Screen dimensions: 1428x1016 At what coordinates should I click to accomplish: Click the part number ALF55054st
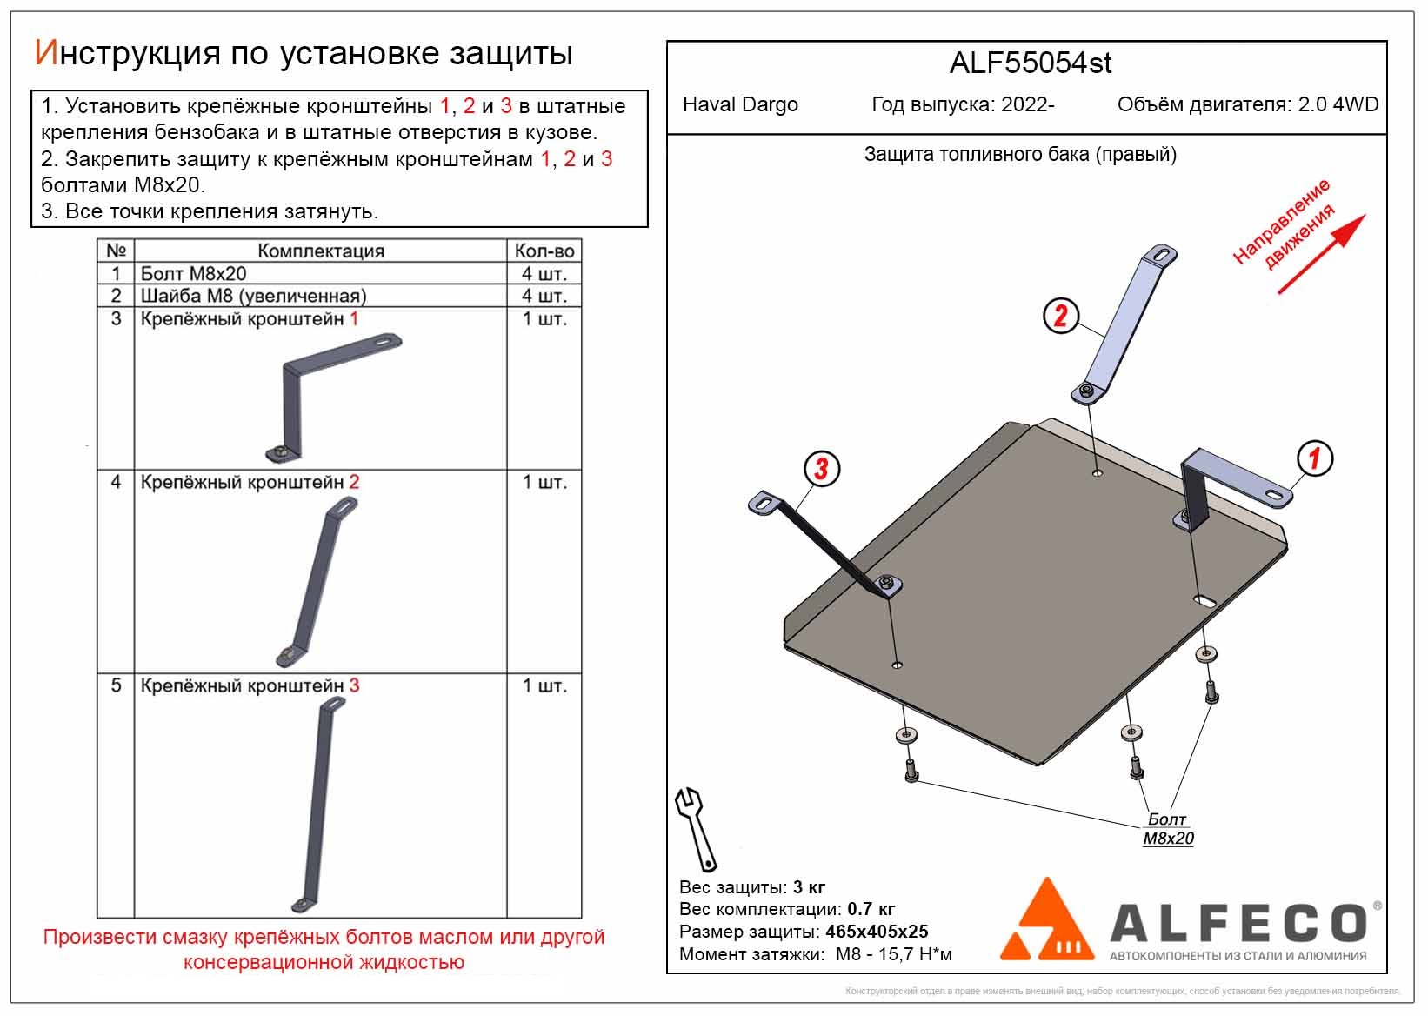click(1031, 63)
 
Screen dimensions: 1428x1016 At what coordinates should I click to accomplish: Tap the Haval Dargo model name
click(740, 104)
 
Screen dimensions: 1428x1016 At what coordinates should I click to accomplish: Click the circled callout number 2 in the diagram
click(1061, 316)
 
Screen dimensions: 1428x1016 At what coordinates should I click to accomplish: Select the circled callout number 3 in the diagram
click(822, 469)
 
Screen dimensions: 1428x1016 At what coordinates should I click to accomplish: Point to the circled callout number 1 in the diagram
click(1315, 458)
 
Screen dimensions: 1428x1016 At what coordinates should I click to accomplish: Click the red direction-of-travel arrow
click(1322, 254)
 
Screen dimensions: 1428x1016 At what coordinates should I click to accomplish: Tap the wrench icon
click(696, 829)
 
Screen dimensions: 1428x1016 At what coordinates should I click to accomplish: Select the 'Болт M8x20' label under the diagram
click(1169, 828)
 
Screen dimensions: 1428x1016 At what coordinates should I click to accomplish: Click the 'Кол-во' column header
click(544, 251)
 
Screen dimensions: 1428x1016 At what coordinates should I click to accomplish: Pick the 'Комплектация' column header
click(321, 251)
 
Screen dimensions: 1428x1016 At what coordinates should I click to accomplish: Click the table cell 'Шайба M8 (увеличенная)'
click(254, 296)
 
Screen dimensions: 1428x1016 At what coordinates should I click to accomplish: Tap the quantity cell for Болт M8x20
click(544, 274)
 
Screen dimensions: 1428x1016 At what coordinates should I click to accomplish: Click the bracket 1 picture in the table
click(333, 398)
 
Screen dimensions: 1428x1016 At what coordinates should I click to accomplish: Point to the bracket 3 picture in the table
click(318, 805)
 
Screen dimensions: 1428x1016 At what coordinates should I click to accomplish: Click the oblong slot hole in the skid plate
click(1204, 601)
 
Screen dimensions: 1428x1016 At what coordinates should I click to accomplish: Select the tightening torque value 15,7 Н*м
click(894, 955)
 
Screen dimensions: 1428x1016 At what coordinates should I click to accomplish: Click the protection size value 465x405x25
click(877, 932)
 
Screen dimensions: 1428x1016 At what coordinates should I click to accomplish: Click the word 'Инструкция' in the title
click(127, 54)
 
